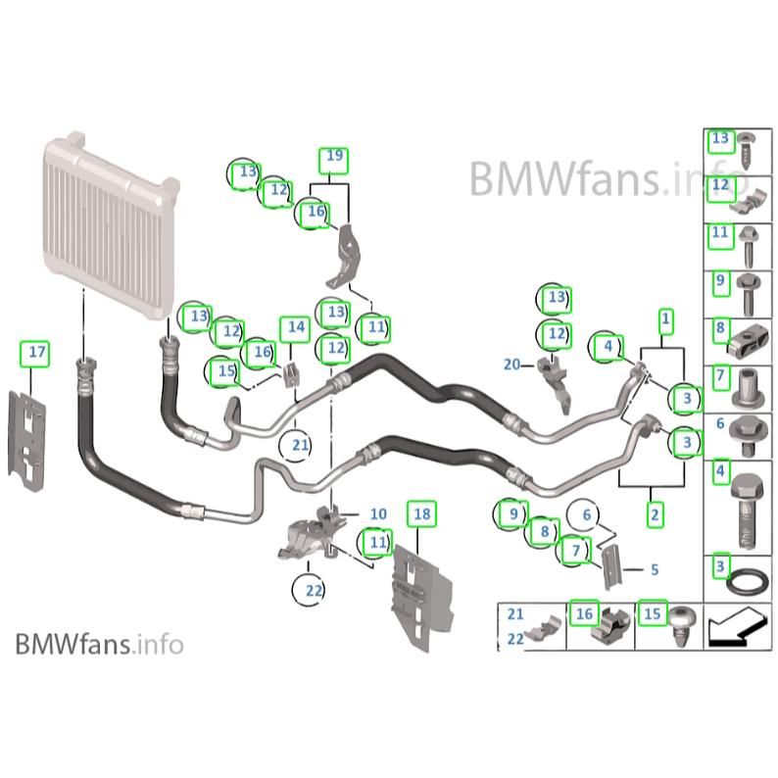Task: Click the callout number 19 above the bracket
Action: (334, 156)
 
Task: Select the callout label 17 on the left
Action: (36, 352)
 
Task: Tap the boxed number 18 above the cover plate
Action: (421, 513)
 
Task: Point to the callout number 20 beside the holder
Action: (511, 365)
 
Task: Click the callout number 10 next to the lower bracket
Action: (378, 513)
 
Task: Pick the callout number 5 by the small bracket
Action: (655, 568)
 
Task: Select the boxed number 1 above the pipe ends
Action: (665, 318)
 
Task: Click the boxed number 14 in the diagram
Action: (294, 327)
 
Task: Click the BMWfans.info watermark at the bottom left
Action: (99, 644)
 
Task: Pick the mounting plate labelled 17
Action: (29, 436)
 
